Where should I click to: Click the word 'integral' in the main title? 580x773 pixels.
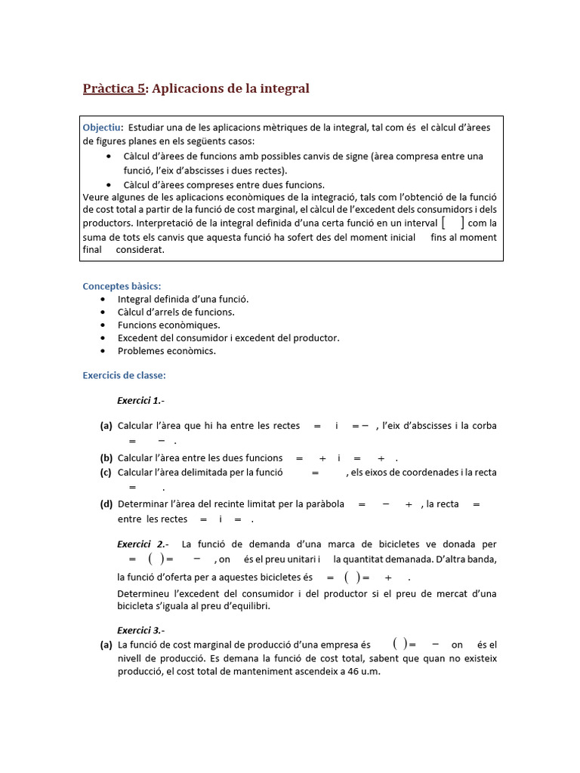pos(283,89)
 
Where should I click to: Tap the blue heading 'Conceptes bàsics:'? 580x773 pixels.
pos(122,285)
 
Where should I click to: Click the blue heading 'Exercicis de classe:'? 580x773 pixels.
pos(124,375)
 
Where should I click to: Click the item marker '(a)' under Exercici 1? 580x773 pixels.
pos(106,426)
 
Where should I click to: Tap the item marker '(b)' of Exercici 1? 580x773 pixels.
pos(106,457)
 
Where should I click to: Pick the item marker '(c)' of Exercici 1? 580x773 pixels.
pos(106,473)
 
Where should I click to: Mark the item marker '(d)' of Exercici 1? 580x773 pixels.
pos(106,504)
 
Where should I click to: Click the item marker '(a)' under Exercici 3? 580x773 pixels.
pos(106,645)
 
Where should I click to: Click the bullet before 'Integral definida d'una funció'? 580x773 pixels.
pos(103,299)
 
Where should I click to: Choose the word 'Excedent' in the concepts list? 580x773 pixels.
pos(138,338)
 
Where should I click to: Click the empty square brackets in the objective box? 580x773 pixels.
pos(452,222)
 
